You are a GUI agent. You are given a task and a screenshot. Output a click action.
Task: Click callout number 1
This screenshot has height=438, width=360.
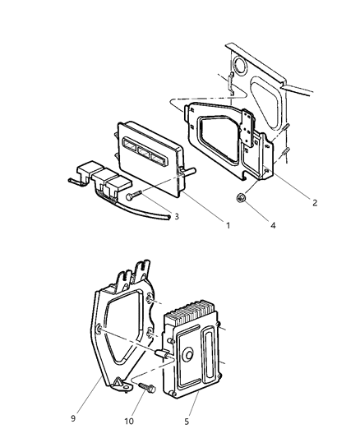(x=228, y=224)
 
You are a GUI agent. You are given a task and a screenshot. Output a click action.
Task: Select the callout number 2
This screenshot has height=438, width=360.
(x=303, y=201)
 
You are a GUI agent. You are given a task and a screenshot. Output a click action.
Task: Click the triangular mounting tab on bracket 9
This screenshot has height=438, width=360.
(x=122, y=381)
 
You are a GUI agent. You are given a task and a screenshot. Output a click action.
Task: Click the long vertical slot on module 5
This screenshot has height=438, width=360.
(x=215, y=353)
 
